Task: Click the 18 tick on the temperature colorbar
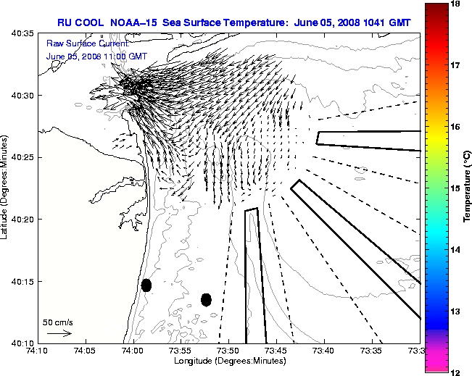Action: point(457,4)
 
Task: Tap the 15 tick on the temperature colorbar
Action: point(457,188)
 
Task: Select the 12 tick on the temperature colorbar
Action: point(457,372)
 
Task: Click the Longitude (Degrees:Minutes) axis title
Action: point(228,361)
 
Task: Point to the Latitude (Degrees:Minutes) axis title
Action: point(6,187)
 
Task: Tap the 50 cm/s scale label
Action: point(58,322)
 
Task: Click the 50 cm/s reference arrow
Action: point(59,333)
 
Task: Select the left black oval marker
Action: point(146,285)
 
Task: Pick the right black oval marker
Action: point(206,299)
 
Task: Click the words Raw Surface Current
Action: point(78,44)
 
